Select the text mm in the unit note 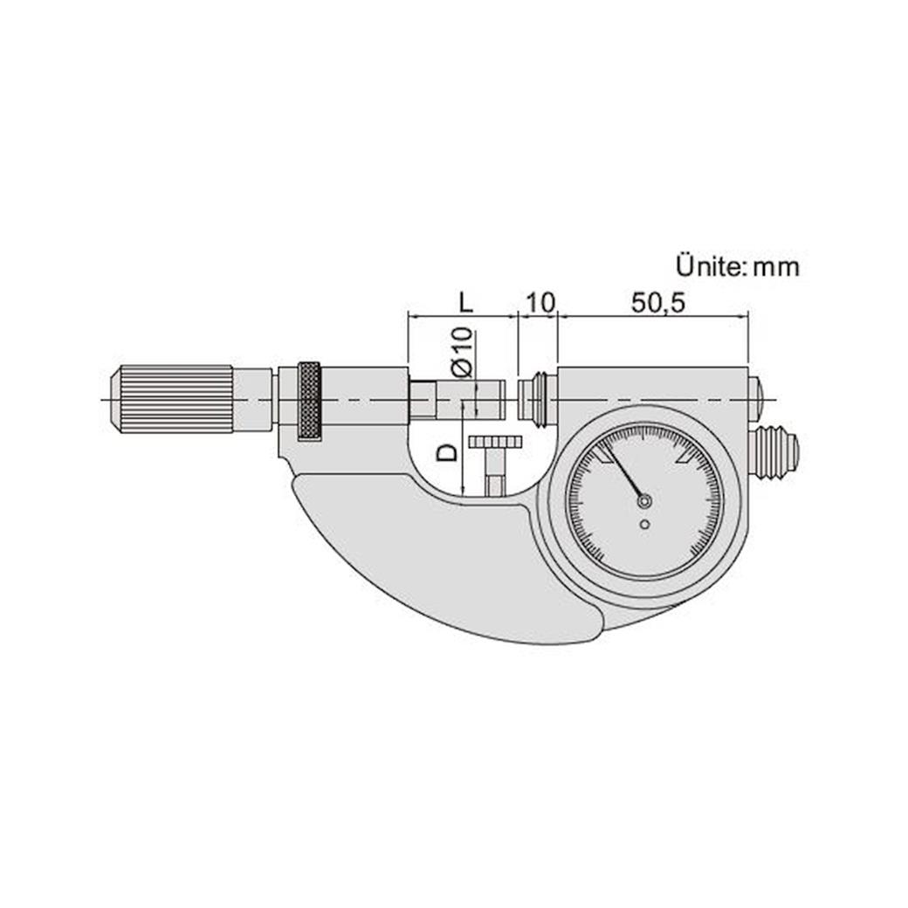tap(776, 267)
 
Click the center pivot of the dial tap(644, 501)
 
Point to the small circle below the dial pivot tap(644, 524)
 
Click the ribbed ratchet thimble tap(170, 398)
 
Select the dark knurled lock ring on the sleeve tap(308, 400)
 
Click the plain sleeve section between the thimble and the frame tap(253, 399)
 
